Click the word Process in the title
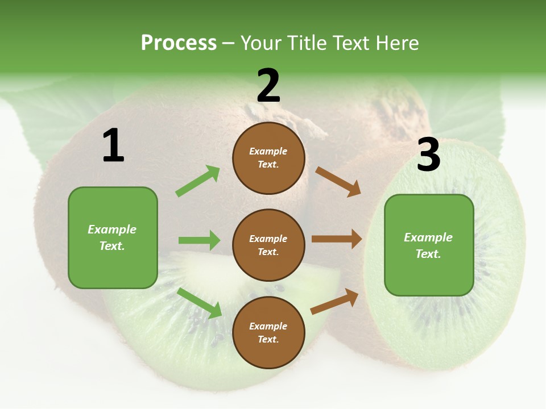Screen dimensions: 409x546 tap(179, 43)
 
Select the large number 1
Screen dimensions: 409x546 tap(113, 146)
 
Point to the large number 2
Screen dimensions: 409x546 tap(268, 86)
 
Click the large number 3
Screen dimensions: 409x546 tap(428, 155)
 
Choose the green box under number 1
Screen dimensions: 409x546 tap(113, 237)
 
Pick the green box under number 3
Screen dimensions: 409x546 tap(429, 245)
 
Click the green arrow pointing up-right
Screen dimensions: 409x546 tap(198, 181)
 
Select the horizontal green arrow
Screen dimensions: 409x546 tap(199, 240)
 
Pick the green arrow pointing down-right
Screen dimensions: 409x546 tap(200, 303)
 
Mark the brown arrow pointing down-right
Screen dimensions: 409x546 tap(338, 182)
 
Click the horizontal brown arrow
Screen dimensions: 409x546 tap(337, 239)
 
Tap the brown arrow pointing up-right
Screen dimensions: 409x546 tap(334, 302)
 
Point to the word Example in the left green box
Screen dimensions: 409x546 tap(112, 229)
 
